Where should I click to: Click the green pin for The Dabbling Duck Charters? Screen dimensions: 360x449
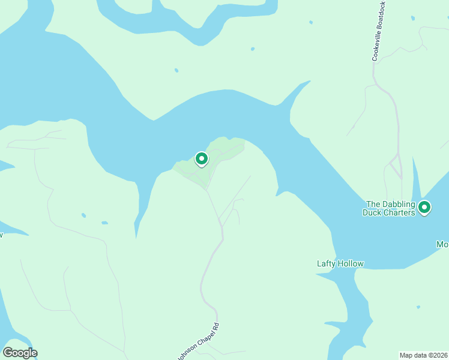tap(424, 208)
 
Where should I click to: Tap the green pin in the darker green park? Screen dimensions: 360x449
tap(202, 159)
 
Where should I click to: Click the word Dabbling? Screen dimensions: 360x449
tap(399, 204)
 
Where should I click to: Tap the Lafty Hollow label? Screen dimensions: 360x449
tap(340, 263)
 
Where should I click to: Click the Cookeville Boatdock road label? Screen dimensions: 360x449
tap(378, 31)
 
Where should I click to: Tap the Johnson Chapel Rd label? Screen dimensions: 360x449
tap(199, 341)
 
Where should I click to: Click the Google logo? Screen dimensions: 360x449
tap(20, 353)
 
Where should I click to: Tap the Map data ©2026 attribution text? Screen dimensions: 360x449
tap(424, 355)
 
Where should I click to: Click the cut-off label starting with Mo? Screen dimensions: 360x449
tap(442, 244)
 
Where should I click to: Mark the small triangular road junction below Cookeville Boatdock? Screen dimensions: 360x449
tap(395, 165)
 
